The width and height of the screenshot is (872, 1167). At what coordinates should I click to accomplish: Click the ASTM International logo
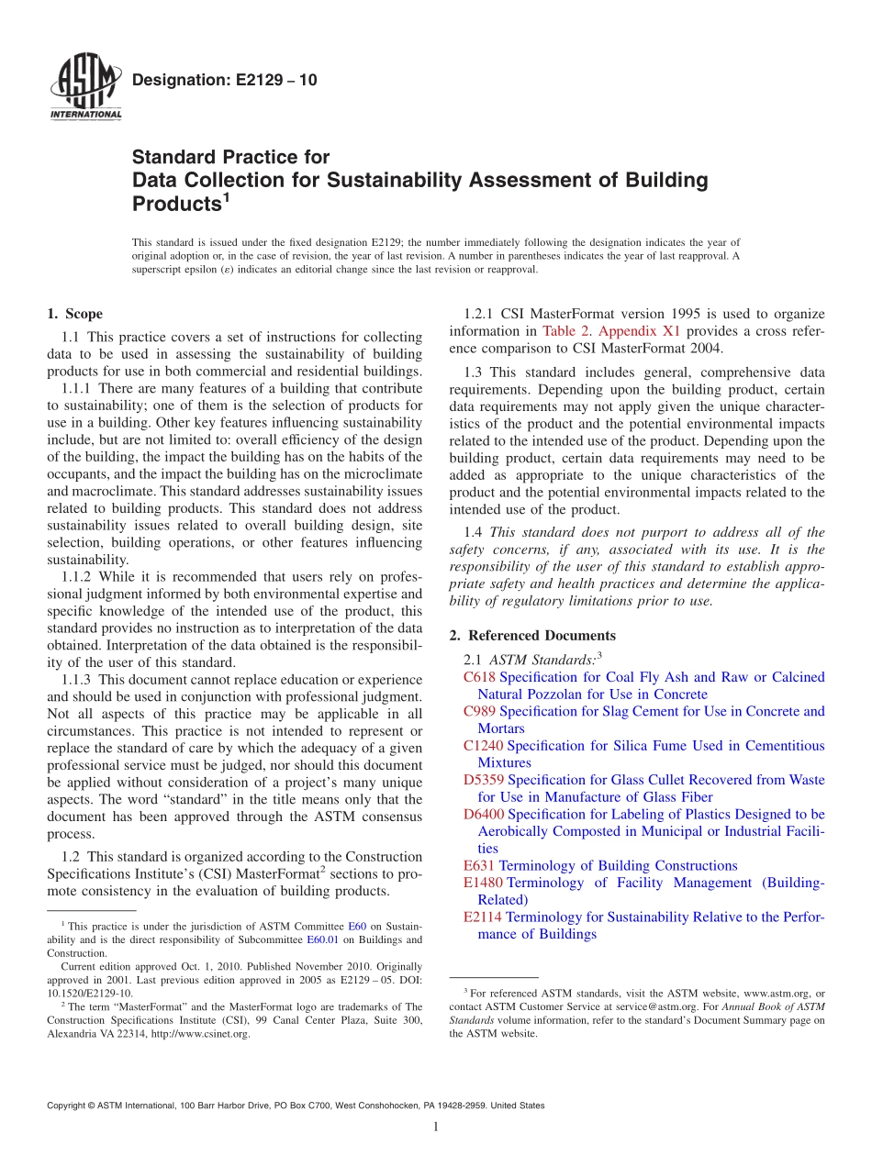pyautogui.click(x=84, y=88)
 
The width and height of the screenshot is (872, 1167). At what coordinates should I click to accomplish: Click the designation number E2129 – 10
pyautogui.click(x=225, y=80)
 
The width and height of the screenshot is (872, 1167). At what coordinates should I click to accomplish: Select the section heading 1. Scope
pyautogui.click(x=74, y=314)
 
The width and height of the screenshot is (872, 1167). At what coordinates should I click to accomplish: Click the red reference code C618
pyautogui.click(x=479, y=677)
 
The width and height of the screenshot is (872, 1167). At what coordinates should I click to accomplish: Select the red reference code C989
pyautogui.click(x=479, y=711)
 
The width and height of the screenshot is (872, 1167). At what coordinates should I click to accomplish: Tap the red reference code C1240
pyautogui.click(x=483, y=746)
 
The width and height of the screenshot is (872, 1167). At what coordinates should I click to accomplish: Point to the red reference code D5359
pyautogui.click(x=483, y=780)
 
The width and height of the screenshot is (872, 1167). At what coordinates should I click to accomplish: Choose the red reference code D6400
pyautogui.click(x=483, y=814)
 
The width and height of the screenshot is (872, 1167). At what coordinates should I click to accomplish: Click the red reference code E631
pyautogui.click(x=479, y=865)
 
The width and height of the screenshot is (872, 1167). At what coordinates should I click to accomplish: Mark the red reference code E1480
pyautogui.click(x=483, y=883)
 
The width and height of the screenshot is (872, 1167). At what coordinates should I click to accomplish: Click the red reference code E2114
pyautogui.click(x=483, y=917)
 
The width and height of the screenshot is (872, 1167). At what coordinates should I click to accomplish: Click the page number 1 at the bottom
pyautogui.click(x=436, y=1128)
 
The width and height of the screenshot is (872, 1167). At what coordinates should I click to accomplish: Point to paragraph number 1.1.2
pyautogui.click(x=78, y=576)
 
